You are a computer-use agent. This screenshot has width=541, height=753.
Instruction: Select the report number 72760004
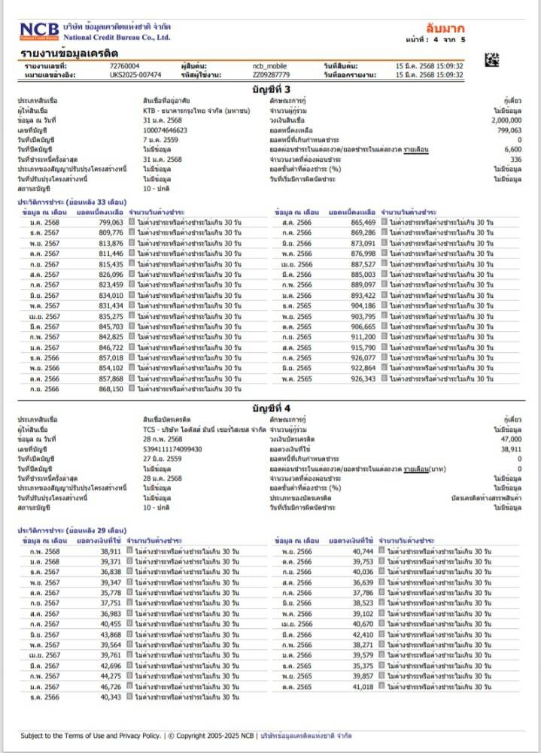(x=124, y=66)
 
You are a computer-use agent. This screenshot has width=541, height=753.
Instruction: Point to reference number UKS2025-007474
(x=135, y=75)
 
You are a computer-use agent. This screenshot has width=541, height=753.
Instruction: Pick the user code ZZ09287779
(x=272, y=75)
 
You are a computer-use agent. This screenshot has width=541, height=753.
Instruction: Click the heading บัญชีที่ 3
(x=270, y=90)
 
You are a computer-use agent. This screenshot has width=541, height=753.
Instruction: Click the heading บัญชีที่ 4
(x=270, y=407)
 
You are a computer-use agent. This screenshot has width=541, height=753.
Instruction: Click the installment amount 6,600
(x=514, y=150)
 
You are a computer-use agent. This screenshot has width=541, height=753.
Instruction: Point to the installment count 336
(x=515, y=159)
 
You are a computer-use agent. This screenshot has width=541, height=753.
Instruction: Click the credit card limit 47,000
(x=509, y=439)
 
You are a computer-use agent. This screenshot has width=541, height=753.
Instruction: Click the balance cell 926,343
(x=363, y=379)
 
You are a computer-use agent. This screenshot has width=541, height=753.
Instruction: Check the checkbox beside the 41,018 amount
(x=382, y=687)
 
